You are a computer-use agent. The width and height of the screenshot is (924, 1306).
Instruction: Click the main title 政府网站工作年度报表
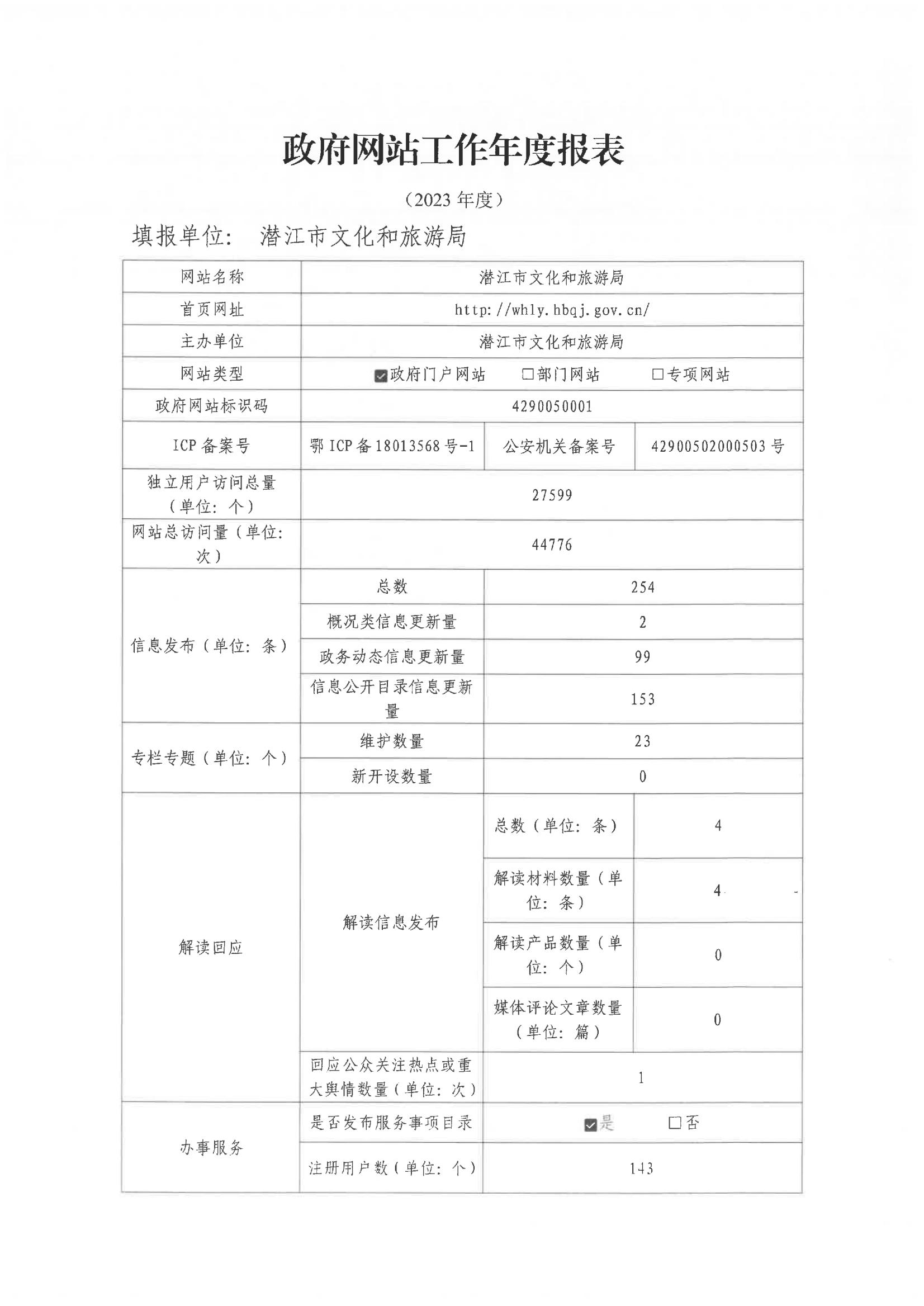453,151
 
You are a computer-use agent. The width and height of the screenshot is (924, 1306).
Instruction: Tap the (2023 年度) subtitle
453,200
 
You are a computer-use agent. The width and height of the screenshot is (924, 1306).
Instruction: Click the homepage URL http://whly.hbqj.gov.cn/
552,310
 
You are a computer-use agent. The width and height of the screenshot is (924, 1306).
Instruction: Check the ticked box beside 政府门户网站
381,376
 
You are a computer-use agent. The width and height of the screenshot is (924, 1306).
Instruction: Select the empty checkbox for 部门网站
528,374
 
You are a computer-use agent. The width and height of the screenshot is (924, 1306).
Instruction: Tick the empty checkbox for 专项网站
657,374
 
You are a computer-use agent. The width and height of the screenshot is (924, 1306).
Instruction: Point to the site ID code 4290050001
552,406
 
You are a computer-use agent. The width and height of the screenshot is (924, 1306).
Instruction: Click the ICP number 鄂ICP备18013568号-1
392,446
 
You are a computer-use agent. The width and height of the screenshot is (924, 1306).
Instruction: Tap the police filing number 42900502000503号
718,446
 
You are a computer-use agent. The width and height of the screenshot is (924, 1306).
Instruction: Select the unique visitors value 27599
552,495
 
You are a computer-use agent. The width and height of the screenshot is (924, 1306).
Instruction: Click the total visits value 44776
552,545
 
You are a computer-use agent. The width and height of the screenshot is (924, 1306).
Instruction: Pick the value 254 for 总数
642,587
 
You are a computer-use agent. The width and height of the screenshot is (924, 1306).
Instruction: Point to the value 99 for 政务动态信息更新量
642,657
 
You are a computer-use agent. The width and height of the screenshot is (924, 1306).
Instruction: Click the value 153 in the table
642,699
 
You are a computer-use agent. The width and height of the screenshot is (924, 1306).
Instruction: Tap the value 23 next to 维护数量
642,741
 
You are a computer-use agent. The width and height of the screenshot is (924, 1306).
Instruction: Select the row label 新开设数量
391,776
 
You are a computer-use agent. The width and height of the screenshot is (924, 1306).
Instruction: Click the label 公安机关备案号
559,447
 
